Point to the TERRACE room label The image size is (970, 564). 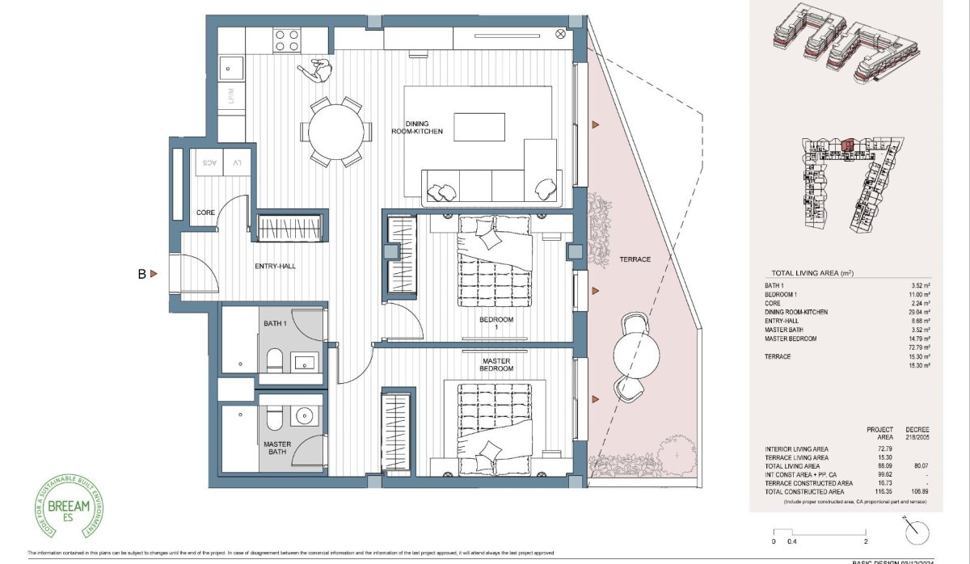click(635, 259)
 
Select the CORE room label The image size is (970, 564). click(205, 213)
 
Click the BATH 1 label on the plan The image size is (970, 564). click(275, 323)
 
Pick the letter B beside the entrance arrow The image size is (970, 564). click(141, 275)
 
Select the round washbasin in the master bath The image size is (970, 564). click(305, 417)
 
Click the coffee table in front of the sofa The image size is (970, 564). click(480, 127)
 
